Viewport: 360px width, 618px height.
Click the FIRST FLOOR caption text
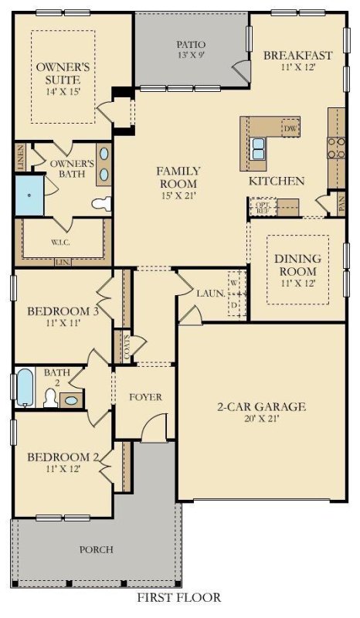[179, 597]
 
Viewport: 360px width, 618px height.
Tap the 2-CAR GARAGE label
[262, 406]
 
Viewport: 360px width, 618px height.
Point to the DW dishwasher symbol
[290, 128]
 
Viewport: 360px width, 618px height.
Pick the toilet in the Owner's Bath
[101, 203]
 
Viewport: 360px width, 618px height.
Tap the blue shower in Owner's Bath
[30, 195]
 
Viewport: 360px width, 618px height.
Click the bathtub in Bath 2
[25, 387]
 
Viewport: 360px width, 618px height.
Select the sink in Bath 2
[70, 399]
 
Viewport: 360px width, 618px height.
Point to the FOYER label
[145, 397]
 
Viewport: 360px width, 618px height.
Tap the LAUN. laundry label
[209, 294]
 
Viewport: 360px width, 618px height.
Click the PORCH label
[97, 549]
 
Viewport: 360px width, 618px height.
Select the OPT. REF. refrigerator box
[261, 207]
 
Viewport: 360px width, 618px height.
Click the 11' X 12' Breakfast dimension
[297, 68]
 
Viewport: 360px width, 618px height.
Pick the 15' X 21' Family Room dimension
[178, 184]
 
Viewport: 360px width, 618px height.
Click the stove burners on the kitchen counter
[336, 147]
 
